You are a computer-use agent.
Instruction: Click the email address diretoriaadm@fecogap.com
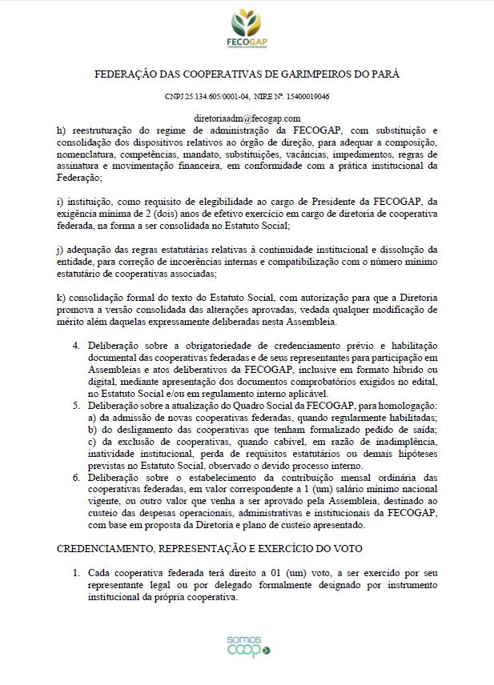247,118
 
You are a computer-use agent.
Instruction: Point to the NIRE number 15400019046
304,95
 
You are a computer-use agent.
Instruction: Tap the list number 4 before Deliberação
77,346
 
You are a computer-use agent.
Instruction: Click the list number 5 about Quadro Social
77,406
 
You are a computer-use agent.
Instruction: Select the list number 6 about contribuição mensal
77,478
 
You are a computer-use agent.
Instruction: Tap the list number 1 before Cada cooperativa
77,574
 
